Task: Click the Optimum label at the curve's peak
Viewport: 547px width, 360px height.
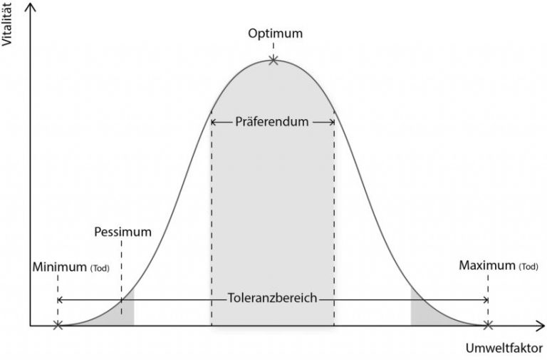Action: coord(275,34)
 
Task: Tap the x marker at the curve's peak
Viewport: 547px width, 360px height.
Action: coord(273,61)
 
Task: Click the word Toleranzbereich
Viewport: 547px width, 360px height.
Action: coord(272,299)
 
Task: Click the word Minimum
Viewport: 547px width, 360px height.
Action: coord(59,267)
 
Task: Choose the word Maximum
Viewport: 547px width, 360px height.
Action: coord(486,266)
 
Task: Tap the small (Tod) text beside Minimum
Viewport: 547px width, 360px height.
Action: coord(100,269)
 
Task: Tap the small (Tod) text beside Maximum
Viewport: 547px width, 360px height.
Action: coord(528,267)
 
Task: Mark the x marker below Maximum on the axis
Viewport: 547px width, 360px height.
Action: coord(488,326)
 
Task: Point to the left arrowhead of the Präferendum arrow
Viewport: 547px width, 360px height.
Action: coord(214,122)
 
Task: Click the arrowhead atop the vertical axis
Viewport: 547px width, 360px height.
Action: coord(30,6)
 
